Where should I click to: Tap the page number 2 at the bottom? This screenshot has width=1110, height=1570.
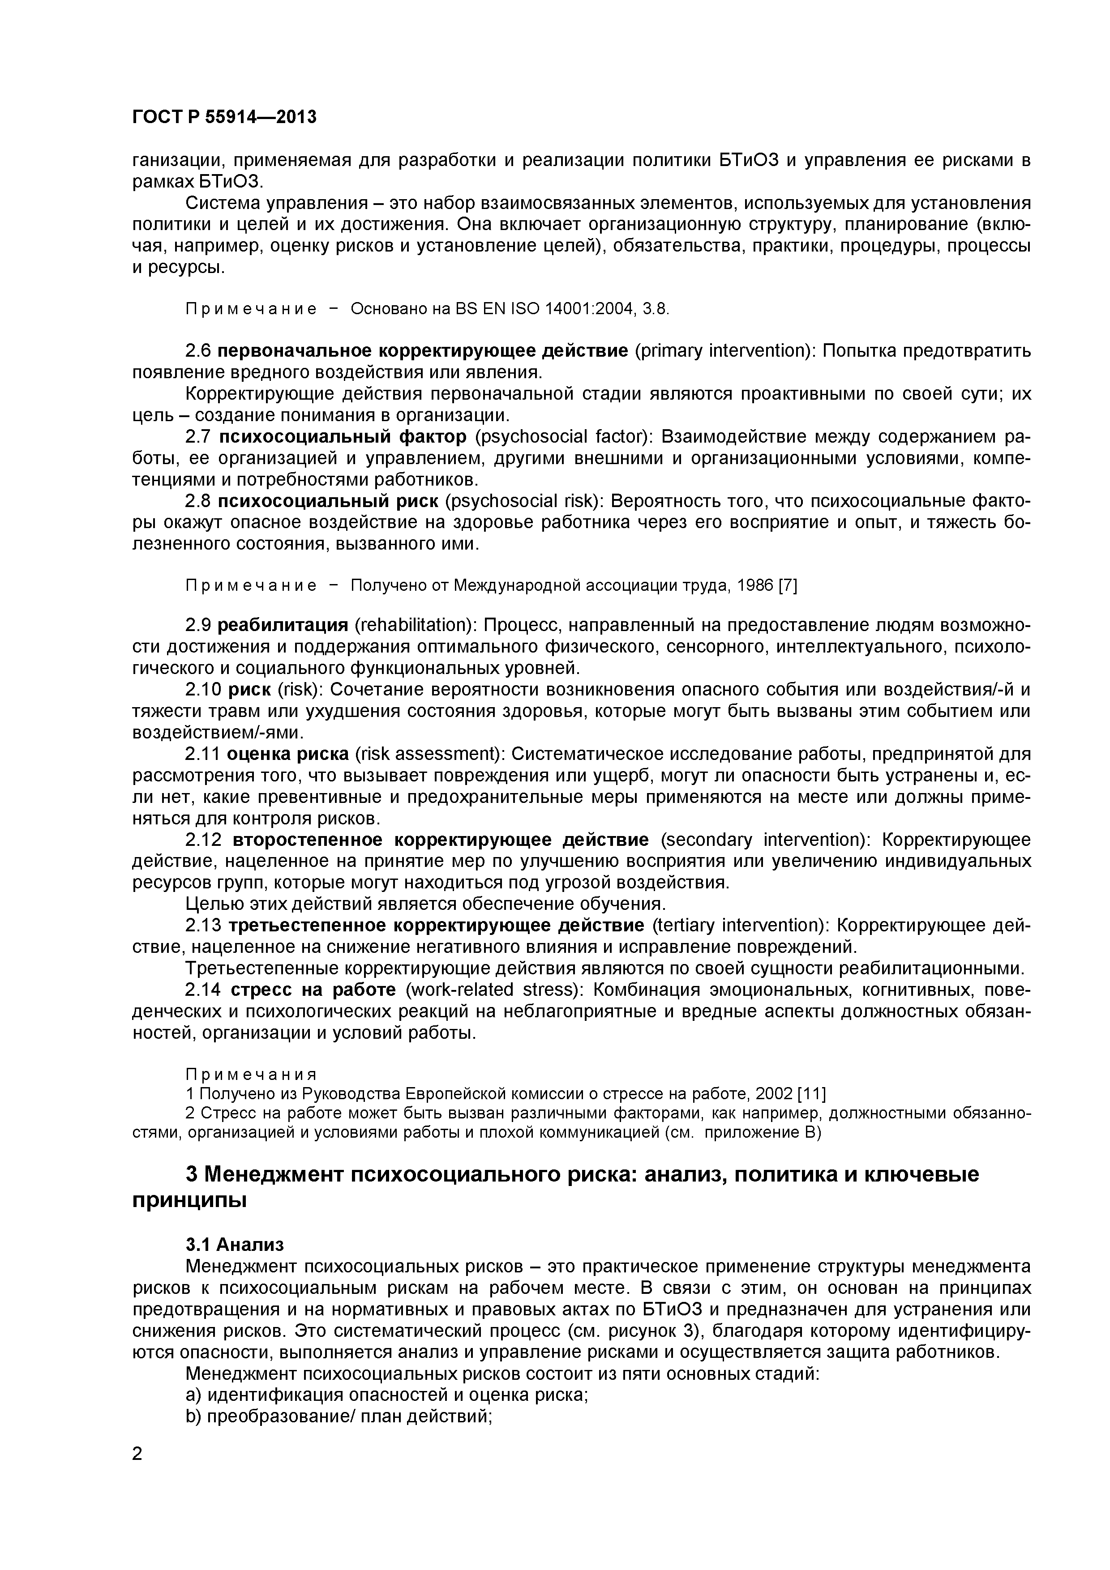pyautogui.click(x=137, y=1473)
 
